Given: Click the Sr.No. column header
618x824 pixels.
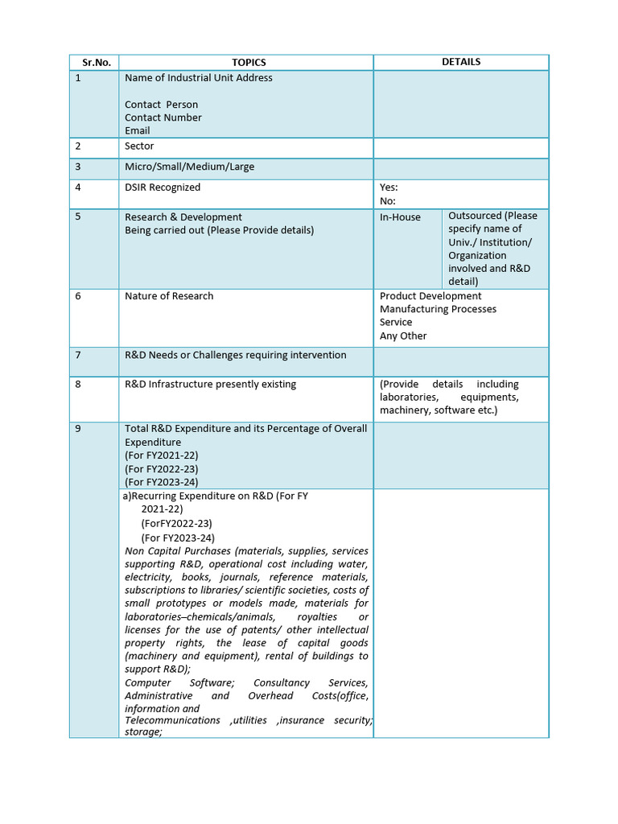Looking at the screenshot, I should [x=95, y=62].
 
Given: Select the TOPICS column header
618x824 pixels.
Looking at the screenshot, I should [x=249, y=62].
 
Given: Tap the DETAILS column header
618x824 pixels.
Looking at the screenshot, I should [x=461, y=61].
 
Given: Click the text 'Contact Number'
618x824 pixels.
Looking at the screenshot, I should [x=163, y=117].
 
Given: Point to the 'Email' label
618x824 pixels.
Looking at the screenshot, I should [x=137, y=130].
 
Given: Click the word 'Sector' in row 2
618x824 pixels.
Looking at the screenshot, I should [x=139, y=146].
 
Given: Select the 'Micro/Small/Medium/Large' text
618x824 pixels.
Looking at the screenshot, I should [x=189, y=167].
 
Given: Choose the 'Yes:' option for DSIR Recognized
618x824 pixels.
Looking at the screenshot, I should [x=389, y=187].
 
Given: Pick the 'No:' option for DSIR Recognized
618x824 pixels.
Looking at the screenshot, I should [x=388, y=201].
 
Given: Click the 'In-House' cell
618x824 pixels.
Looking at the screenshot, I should [x=400, y=217].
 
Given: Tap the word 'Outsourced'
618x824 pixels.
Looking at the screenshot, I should [x=475, y=216].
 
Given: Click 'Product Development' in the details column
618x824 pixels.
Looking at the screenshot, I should [x=431, y=296].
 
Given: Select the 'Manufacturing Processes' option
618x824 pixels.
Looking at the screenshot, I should [x=438, y=309].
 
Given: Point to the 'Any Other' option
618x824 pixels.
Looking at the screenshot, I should [x=403, y=336].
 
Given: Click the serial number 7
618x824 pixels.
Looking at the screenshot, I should [x=78, y=355].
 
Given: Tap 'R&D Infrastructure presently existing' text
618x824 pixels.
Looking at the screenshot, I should [x=210, y=384].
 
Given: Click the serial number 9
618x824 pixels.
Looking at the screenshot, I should [x=78, y=429].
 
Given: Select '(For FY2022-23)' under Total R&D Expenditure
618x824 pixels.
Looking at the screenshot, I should [x=162, y=469].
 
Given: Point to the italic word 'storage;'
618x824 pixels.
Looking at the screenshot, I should [x=143, y=732].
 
